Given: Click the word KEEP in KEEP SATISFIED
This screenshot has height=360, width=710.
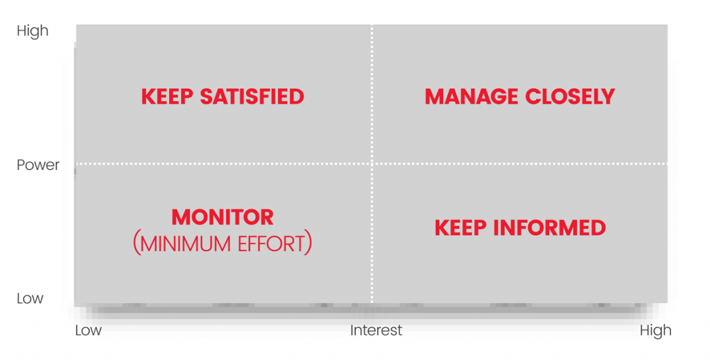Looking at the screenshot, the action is pos(167,97).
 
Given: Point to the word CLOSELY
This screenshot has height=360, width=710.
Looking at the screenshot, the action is pos(570,97).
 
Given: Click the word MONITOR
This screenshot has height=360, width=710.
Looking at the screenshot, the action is pos(223,217).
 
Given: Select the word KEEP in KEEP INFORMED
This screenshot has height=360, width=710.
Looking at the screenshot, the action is pos(460,228).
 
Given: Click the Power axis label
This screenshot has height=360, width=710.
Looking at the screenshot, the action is pos(38,165).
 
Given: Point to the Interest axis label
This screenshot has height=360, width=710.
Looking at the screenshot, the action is pos(376,330).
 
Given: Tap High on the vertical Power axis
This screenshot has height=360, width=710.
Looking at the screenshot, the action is pos(33,31).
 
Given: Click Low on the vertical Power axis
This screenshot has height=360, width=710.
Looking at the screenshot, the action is pos(30,298).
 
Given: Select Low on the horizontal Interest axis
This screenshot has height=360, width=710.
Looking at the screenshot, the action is pos(88,330).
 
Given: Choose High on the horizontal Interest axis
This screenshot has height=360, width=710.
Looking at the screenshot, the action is pos(656,331).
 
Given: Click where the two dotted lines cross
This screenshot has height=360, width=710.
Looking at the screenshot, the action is pos(372,164).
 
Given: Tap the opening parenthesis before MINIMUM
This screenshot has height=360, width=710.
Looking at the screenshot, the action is pos(136,243).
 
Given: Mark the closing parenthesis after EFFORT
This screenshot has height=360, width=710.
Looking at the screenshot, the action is pos(309,243).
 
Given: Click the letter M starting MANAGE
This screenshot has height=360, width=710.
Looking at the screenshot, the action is pos(434,97).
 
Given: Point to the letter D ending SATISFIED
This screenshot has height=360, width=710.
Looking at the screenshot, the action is pos(297,97).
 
